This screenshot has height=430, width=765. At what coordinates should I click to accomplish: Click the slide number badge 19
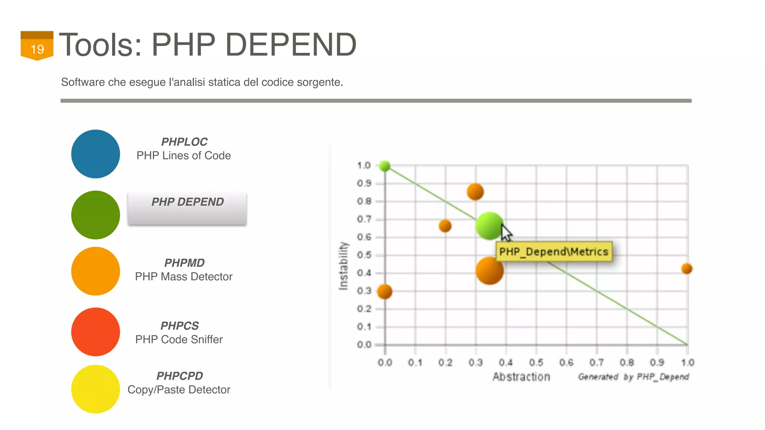[x=37, y=46]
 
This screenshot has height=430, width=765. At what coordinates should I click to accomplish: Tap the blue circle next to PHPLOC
[x=96, y=154]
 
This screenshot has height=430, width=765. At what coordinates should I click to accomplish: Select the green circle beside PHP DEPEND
[x=96, y=215]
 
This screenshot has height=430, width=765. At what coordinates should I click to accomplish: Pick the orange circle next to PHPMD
[x=96, y=271]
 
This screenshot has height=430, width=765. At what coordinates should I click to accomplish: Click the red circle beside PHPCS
[x=96, y=332]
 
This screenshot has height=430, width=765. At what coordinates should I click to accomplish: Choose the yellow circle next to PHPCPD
[x=96, y=389]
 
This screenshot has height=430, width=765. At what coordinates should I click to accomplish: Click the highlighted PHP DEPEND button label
[x=187, y=202]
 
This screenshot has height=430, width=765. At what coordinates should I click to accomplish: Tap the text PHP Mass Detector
[x=183, y=277]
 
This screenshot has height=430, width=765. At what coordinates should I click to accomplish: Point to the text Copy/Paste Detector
[x=179, y=390]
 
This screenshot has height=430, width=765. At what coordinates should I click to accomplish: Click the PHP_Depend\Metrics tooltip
[x=554, y=252]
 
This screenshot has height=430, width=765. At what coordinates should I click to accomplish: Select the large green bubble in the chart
[x=489, y=226]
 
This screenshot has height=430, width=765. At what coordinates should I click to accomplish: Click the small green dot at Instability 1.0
[x=385, y=166]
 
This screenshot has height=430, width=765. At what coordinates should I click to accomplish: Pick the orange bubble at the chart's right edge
[x=687, y=268]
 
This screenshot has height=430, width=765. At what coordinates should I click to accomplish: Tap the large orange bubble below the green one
[x=489, y=271]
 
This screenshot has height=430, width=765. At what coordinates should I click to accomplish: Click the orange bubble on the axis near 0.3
[x=384, y=292]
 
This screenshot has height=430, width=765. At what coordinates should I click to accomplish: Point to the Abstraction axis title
[x=521, y=377]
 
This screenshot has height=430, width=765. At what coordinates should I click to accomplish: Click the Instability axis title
[x=343, y=266]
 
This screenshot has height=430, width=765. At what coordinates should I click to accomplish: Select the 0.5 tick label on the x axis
[x=536, y=362]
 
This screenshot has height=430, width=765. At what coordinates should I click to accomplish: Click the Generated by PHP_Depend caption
[x=633, y=377]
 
